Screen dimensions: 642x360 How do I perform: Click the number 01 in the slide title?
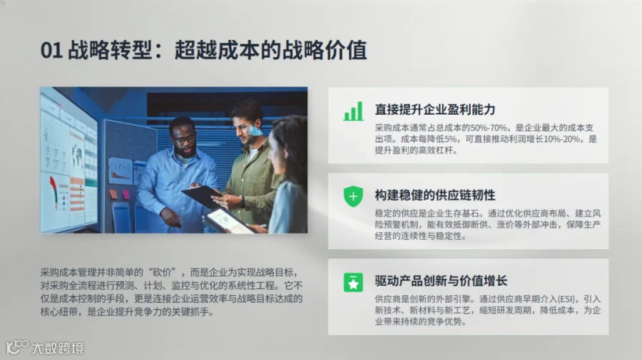click(x=51, y=51)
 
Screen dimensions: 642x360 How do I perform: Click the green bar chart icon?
click(x=353, y=111)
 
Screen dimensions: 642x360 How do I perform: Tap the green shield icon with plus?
click(x=353, y=196)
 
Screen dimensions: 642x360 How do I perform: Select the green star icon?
click(x=353, y=282)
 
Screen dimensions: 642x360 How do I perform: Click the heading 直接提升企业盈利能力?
click(x=435, y=110)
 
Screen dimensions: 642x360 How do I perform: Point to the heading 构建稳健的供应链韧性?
click(x=435, y=195)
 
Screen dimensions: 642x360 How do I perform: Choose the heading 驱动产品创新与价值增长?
click(x=441, y=281)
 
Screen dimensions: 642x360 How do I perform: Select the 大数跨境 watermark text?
click(x=58, y=348)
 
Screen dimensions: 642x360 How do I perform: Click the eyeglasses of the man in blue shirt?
click(x=184, y=140)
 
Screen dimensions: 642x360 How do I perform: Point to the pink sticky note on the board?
click(x=126, y=195)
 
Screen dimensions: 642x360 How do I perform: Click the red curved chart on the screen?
click(x=53, y=190)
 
